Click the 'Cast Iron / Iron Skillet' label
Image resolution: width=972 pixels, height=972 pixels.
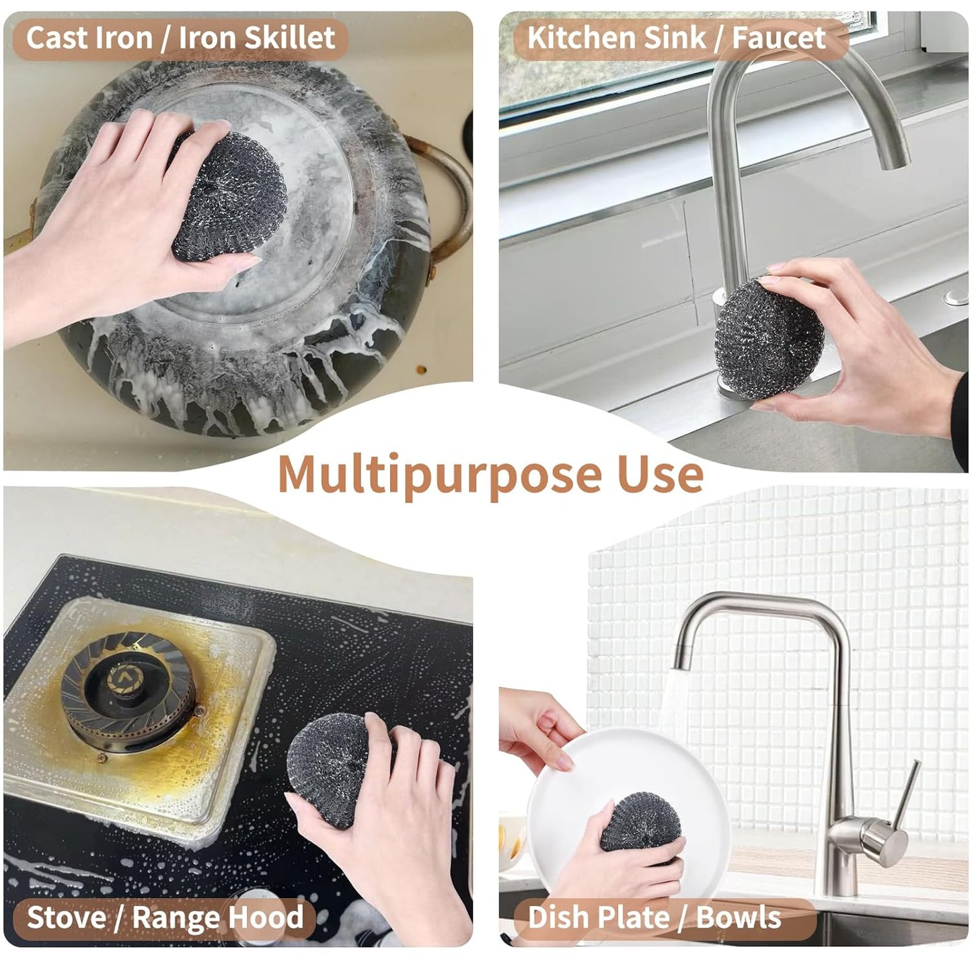point(180,38)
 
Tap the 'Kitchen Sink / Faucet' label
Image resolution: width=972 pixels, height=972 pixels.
point(676,38)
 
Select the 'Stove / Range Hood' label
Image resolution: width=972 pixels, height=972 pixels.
point(165,917)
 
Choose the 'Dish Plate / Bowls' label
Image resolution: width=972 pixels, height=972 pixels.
point(655,917)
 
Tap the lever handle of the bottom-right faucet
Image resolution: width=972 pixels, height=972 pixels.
point(905,794)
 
